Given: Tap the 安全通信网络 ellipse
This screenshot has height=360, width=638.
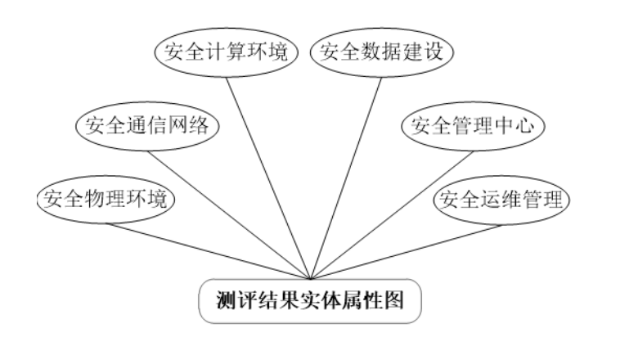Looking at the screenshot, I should [x=148, y=126].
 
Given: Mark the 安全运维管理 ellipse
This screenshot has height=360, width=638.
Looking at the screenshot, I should [x=501, y=199].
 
